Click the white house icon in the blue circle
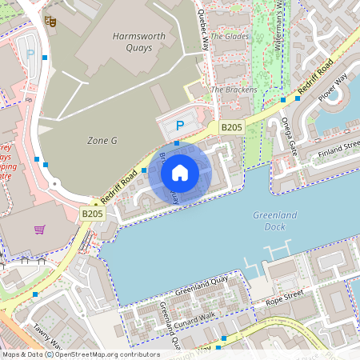180,172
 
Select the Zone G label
102,140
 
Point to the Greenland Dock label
274,221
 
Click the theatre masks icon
51,23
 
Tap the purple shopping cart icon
40,230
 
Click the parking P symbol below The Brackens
180,126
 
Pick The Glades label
230,36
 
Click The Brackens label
234,90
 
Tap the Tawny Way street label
48,337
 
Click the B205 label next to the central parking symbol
231,127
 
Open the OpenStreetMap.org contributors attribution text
106,354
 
